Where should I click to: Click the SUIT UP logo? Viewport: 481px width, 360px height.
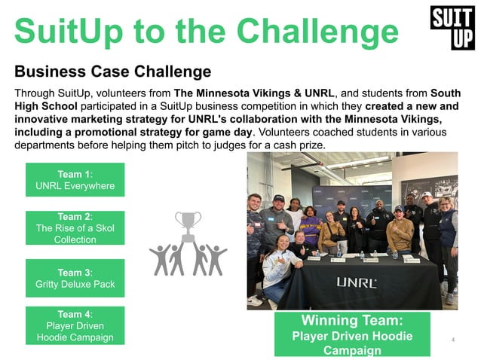point(452,28)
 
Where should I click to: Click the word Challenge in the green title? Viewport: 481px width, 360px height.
point(317,32)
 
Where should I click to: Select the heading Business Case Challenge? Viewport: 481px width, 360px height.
point(112,72)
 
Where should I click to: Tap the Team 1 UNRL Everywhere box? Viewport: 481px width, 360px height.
point(75,179)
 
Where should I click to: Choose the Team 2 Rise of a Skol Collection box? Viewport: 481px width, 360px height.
point(75,227)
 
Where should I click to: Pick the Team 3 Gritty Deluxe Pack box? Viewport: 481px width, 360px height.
point(75,278)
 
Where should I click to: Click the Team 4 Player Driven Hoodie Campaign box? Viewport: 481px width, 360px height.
point(75,325)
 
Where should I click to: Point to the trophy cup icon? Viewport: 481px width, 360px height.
point(188,223)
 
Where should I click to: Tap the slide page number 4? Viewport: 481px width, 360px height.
point(452,340)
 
